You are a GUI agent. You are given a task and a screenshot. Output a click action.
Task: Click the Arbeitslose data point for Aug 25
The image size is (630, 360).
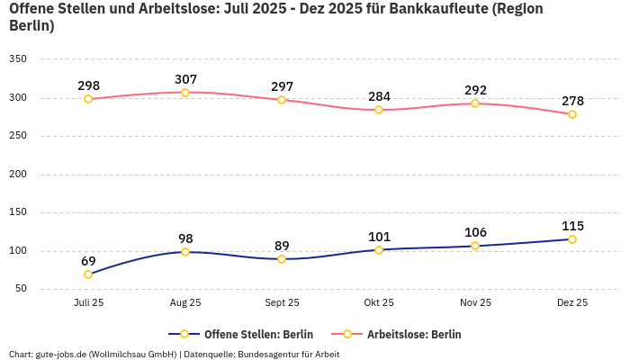pyautogui.click(x=185, y=93)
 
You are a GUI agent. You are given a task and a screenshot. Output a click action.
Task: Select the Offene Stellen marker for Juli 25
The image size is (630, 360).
pyautogui.click(x=88, y=274)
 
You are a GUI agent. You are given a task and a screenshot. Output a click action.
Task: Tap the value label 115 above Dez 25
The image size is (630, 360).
pyautogui.click(x=572, y=226)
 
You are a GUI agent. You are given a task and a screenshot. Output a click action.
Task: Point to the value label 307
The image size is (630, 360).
pyautogui.click(x=185, y=79)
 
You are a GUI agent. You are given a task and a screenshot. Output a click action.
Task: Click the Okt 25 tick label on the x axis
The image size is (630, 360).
pyautogui.click(x=379, y=302)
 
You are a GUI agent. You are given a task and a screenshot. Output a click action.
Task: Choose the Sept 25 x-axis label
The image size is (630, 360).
pyautogui.click(x=282, y=302)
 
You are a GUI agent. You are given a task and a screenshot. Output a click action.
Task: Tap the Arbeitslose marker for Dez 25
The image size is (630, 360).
pyautogui.click(x=572, y=114)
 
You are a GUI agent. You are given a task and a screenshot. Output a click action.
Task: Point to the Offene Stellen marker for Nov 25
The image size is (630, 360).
pyautogui.click(x=475, y=246)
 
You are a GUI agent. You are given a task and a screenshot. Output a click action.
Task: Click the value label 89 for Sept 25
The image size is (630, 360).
pyautogui.click(x=282, y=246)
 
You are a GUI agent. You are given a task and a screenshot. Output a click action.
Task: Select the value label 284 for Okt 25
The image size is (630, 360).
pyautogui.click(x=379, y=96)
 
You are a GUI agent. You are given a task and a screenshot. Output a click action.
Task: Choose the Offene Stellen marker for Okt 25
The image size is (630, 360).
pyautogui.click(x=379, y=249)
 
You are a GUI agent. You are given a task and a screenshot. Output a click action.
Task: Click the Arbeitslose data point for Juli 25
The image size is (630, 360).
pyautogui.click(x=88, y=99)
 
